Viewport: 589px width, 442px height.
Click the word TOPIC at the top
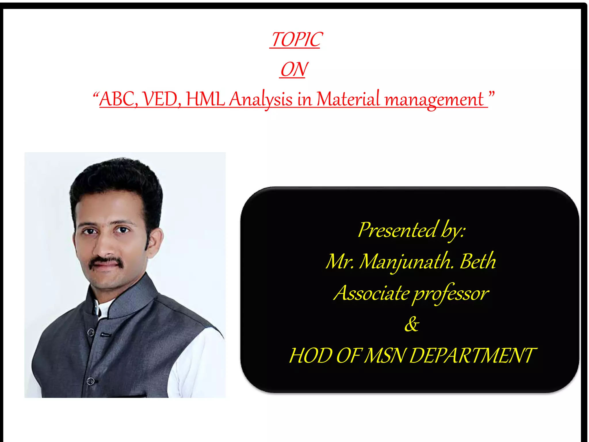pyautogui.click(x=296, y=39)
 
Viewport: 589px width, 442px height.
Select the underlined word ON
pyautogui.click(x=294, y=69)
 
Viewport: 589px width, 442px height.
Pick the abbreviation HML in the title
pyautogui.click(x=205, y=99)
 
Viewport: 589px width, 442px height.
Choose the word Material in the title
pyautogui.click(x=348, y=99)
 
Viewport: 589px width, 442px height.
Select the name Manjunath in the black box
pyautogui.click(x=406, y=262)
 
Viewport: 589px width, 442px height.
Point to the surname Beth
pyautogui.click(x=478, y=261)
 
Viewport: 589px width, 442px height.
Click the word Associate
pyautogui.click(x=371, y=293)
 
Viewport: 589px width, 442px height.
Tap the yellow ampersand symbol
pyautogui.click(x=412, y=324)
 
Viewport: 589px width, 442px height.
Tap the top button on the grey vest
pyautogui.click(x=91, y=332)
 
